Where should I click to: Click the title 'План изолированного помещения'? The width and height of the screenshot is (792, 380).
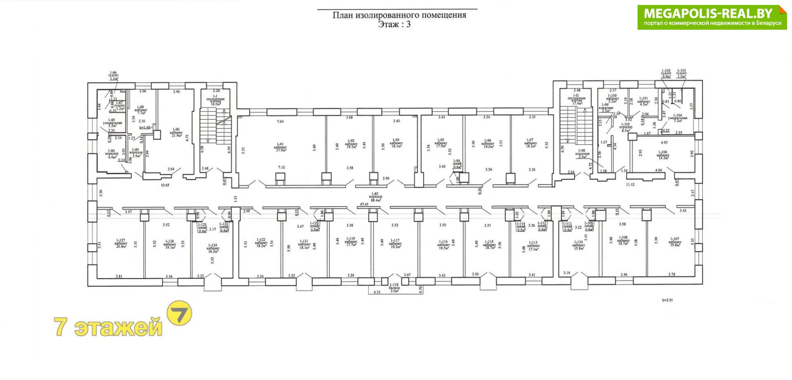pos(399,15)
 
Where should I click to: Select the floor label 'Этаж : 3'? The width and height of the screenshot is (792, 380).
pos(394,24)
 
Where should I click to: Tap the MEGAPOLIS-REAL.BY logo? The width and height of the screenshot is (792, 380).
pos(712,17)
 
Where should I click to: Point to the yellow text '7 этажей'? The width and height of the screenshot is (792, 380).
pos(108,327)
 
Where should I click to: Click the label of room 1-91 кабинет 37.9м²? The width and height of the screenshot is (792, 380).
pos(280,147)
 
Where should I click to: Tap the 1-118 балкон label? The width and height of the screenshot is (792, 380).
pos(394,288)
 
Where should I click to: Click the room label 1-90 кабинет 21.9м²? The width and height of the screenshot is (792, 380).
pos(176,133)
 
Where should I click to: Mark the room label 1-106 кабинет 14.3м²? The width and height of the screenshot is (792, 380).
pos(663,154)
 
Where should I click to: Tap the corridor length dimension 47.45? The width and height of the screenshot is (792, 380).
pos(364,204)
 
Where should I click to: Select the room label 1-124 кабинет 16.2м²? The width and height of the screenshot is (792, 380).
pos(213,247)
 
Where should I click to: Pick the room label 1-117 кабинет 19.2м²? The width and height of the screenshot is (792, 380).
pos(395,244)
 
